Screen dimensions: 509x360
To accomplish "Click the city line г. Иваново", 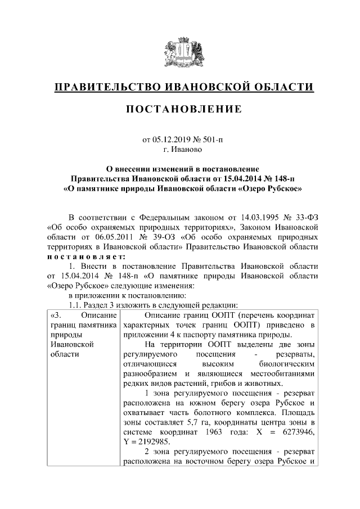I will [179, 150].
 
